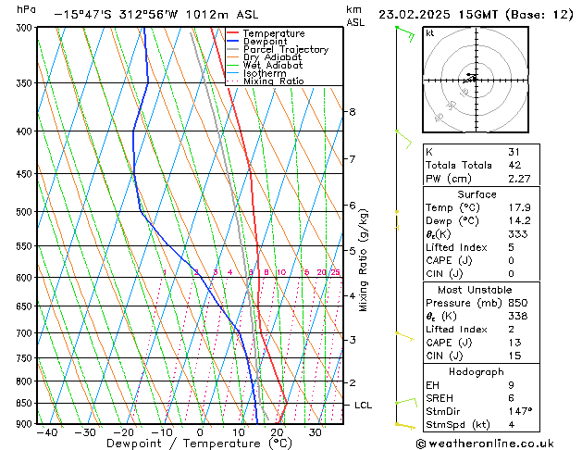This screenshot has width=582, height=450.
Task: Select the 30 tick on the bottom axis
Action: tap(316, 432)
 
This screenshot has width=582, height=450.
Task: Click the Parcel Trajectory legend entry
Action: tap(285, 49)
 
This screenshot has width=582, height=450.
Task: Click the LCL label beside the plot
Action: tap(364, 406)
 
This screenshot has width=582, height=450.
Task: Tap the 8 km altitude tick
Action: tap(352, 112)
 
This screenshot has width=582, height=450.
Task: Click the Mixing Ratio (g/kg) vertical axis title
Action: tap(364, 260)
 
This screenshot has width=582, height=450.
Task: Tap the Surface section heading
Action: tap(477, 194)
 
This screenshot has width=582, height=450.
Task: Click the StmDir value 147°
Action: tap(519, 411)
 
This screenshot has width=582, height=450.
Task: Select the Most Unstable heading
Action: tap(477, 290)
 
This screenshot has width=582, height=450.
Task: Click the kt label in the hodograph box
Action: tap(430, 33)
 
